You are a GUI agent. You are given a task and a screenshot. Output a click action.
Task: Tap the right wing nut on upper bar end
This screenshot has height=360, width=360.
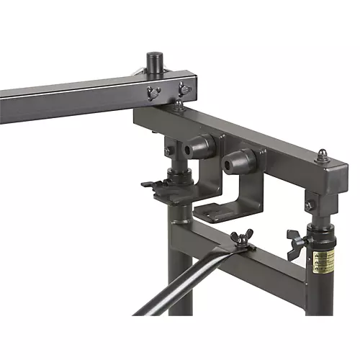tap(184, 89)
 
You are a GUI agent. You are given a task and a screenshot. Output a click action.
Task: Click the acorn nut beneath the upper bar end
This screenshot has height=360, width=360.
tap(178, 105)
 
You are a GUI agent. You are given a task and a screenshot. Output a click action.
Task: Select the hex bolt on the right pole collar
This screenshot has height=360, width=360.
tap(309, 205)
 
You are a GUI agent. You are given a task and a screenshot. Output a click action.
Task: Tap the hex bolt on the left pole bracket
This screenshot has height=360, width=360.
tap(169, 150)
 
